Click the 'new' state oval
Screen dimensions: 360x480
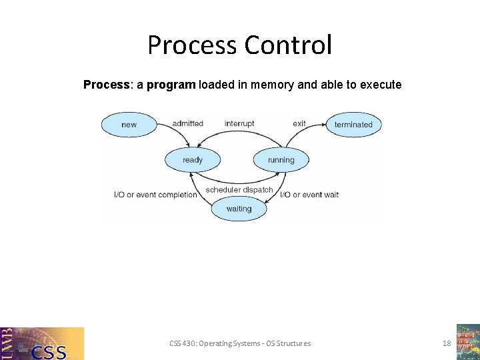(129, 125)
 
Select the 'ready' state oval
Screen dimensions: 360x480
(193, 160)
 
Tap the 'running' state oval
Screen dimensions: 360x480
(281, 160)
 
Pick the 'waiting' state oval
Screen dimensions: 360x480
(239, 209)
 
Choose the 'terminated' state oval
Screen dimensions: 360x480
(353, 125)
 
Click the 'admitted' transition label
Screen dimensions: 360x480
(187, 123)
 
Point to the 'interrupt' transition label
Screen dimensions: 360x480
(239, 123)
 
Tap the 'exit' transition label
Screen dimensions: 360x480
(299, 123)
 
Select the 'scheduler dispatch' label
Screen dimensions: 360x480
(239, 190)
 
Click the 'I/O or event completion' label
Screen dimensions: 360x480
(156, 195)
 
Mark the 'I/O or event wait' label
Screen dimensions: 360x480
(309, 195)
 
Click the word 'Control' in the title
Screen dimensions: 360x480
(288, 45)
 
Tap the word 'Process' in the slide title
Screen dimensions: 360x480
(192, 45)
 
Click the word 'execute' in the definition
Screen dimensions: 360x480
(381, 85)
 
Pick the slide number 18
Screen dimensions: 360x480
(447, 343)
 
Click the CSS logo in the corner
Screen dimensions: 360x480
(42, 343)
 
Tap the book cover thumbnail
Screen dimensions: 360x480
(468, 341)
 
